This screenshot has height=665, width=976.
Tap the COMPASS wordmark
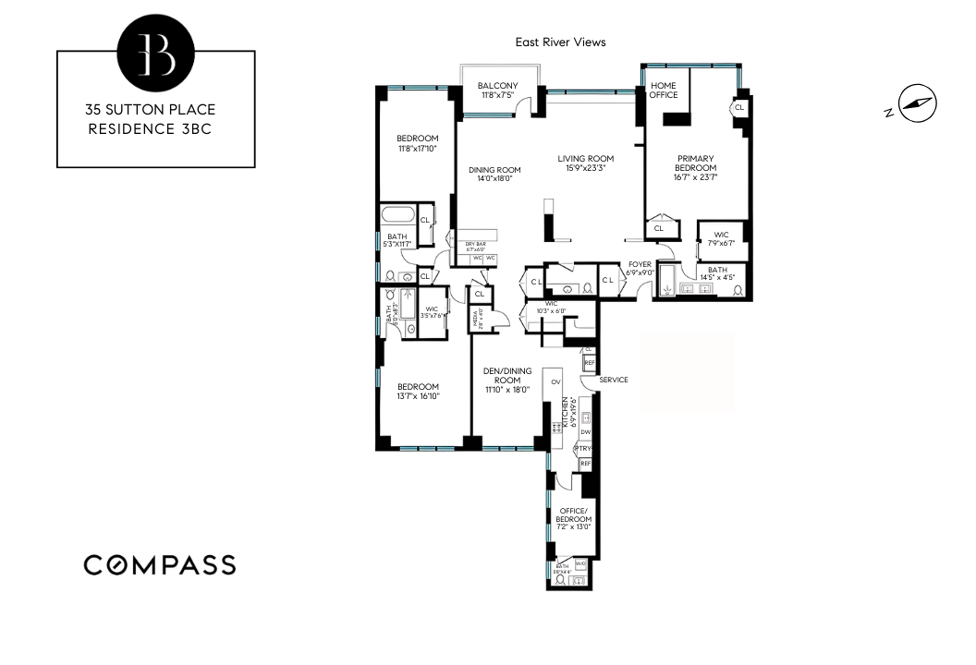click(160, 564)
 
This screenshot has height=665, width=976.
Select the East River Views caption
click(560, 42)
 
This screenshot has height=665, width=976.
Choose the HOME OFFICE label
click(664, 91)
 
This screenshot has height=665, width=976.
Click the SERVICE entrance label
click(614, 380)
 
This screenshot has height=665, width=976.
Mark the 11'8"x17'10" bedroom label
click(418, 143)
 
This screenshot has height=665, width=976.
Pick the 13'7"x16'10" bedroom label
click(418, 392)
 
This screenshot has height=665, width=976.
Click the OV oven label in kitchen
click(555, 381)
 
